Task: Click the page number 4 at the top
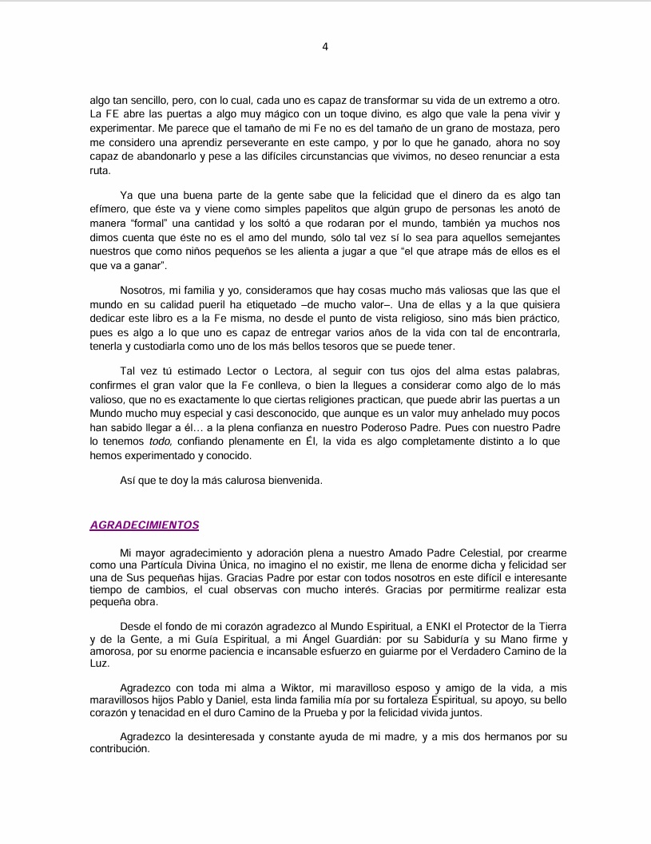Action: (325, 46)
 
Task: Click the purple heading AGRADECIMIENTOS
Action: (144, 525)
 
